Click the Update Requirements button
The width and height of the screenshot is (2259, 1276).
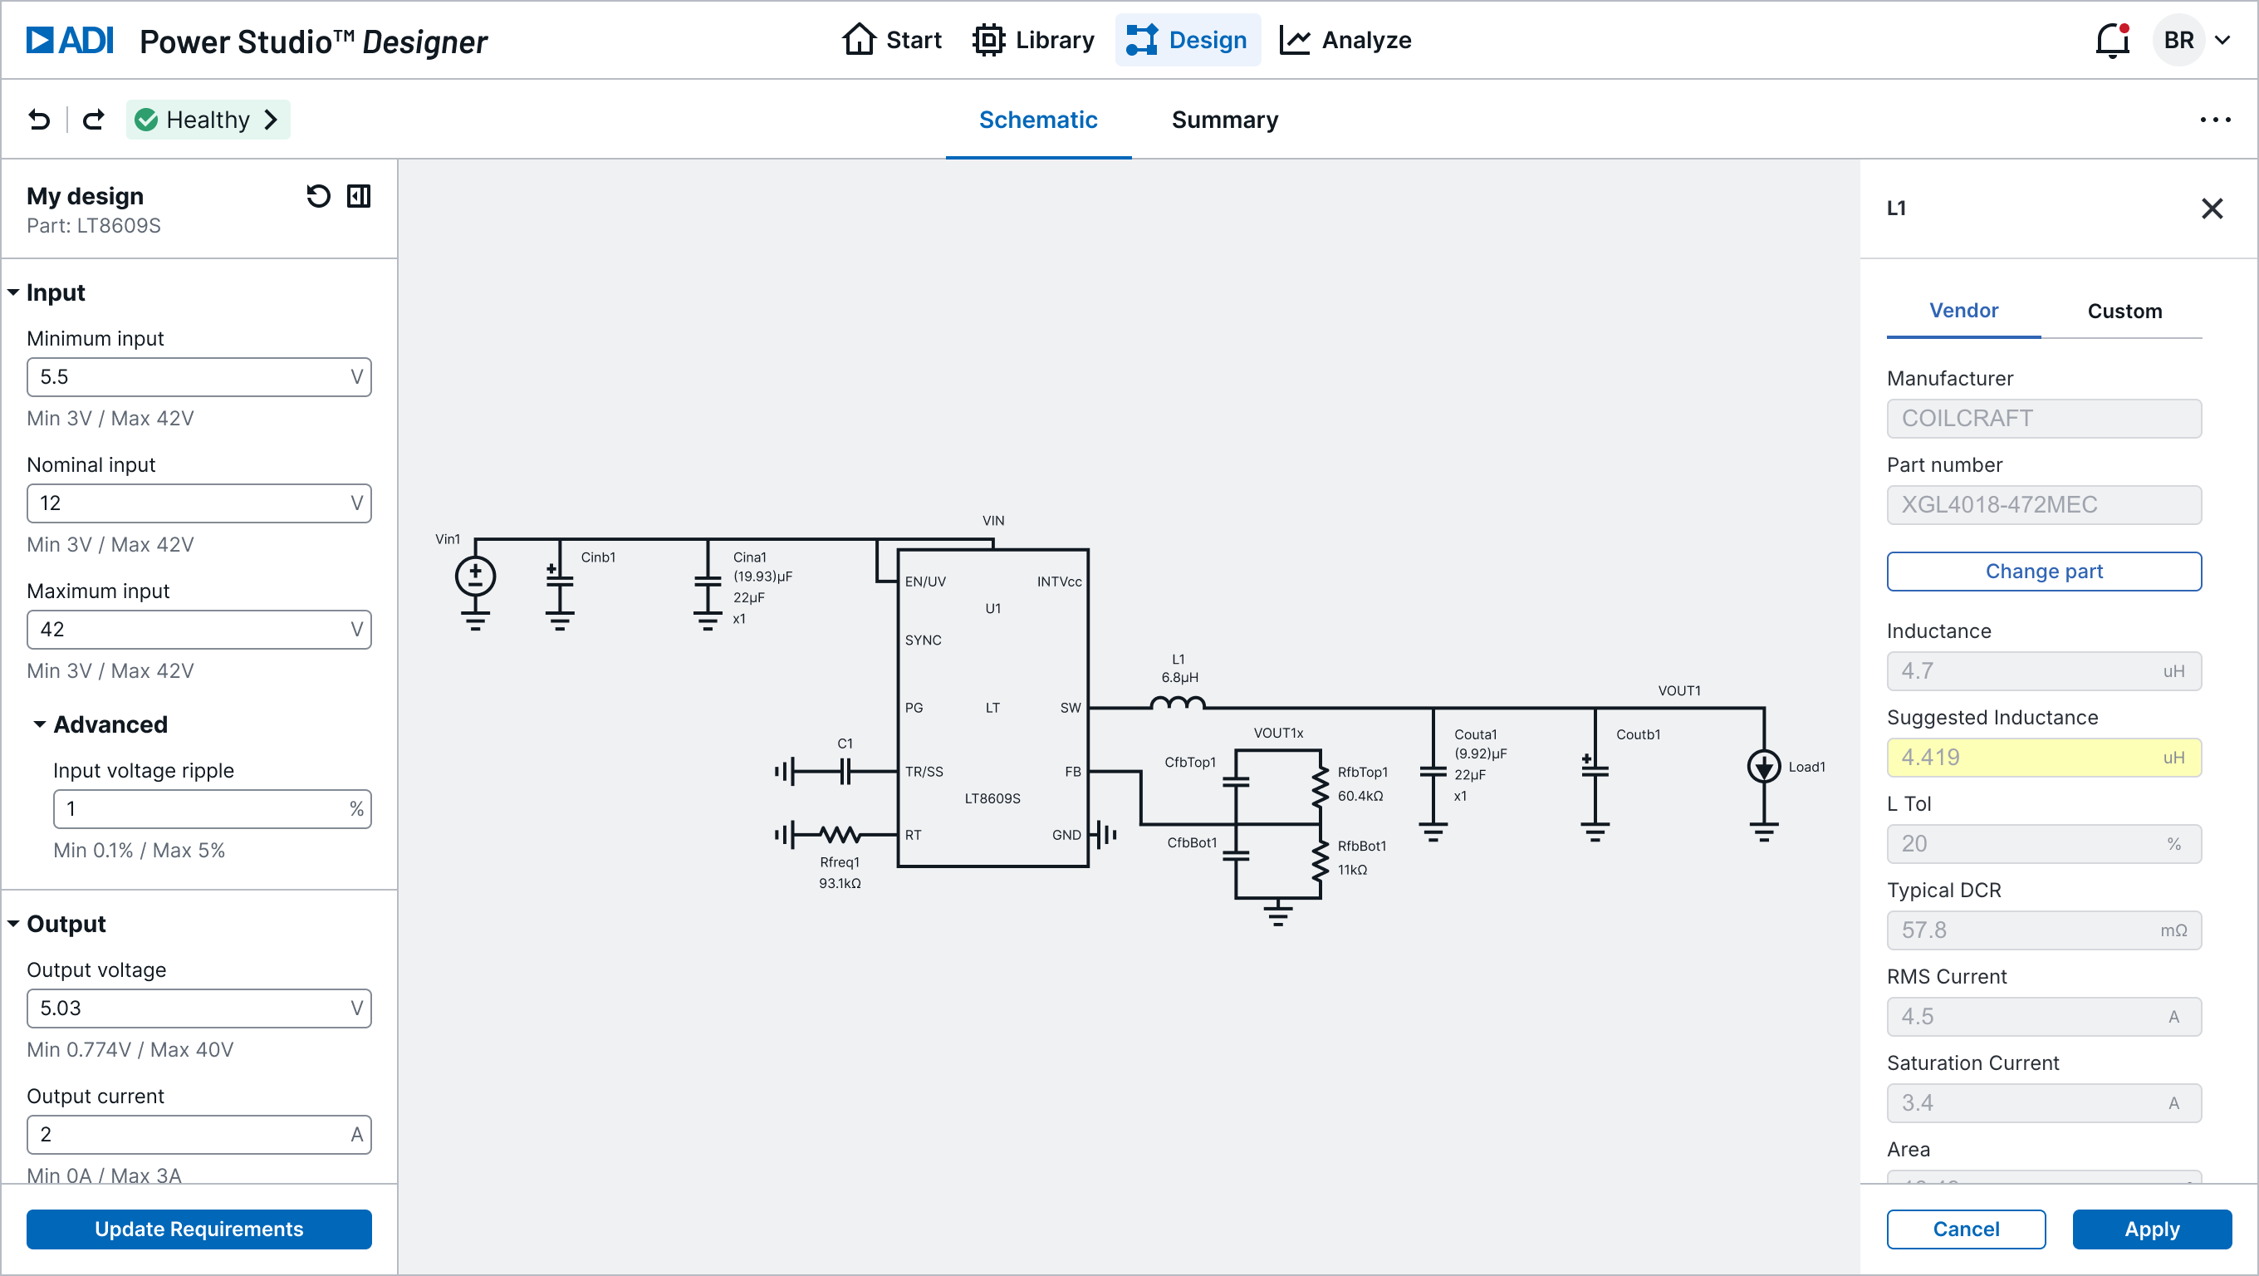point(199,1229)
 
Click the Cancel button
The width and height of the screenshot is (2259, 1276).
point(1965,1229)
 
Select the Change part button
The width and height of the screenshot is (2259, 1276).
point(2043,571)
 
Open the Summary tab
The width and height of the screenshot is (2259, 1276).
point(1224,120)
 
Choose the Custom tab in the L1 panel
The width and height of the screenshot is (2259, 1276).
point(2124,312)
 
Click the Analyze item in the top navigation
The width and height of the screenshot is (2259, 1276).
point(1345,41)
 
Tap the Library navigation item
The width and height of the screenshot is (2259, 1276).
point(1034,41)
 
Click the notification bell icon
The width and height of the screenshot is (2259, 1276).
point(2112,41)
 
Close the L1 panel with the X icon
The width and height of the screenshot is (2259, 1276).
point(2212,209)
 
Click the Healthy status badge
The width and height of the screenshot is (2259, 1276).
point(208,120)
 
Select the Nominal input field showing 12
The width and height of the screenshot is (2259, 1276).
point(198,503)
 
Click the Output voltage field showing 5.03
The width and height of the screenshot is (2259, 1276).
point(198,1009)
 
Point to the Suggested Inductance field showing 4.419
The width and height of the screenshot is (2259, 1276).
point(2043,757)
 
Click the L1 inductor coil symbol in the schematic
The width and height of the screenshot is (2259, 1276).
point(1177,704)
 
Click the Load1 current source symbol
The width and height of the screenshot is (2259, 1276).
point(1763,767)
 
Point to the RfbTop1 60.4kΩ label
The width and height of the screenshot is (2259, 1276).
point(1361,784)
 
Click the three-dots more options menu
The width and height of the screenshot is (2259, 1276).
point(2214,120)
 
